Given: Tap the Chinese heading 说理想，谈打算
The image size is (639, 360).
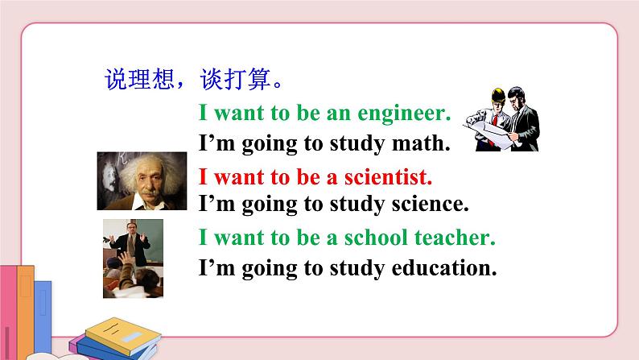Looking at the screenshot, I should click(x=192, y=81).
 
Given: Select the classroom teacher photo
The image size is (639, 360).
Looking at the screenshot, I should click(x=133, y=259).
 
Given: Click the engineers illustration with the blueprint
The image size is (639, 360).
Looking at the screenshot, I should click(x=501, y=122).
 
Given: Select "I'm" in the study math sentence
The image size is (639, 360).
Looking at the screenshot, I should click(x=216, y=144).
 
